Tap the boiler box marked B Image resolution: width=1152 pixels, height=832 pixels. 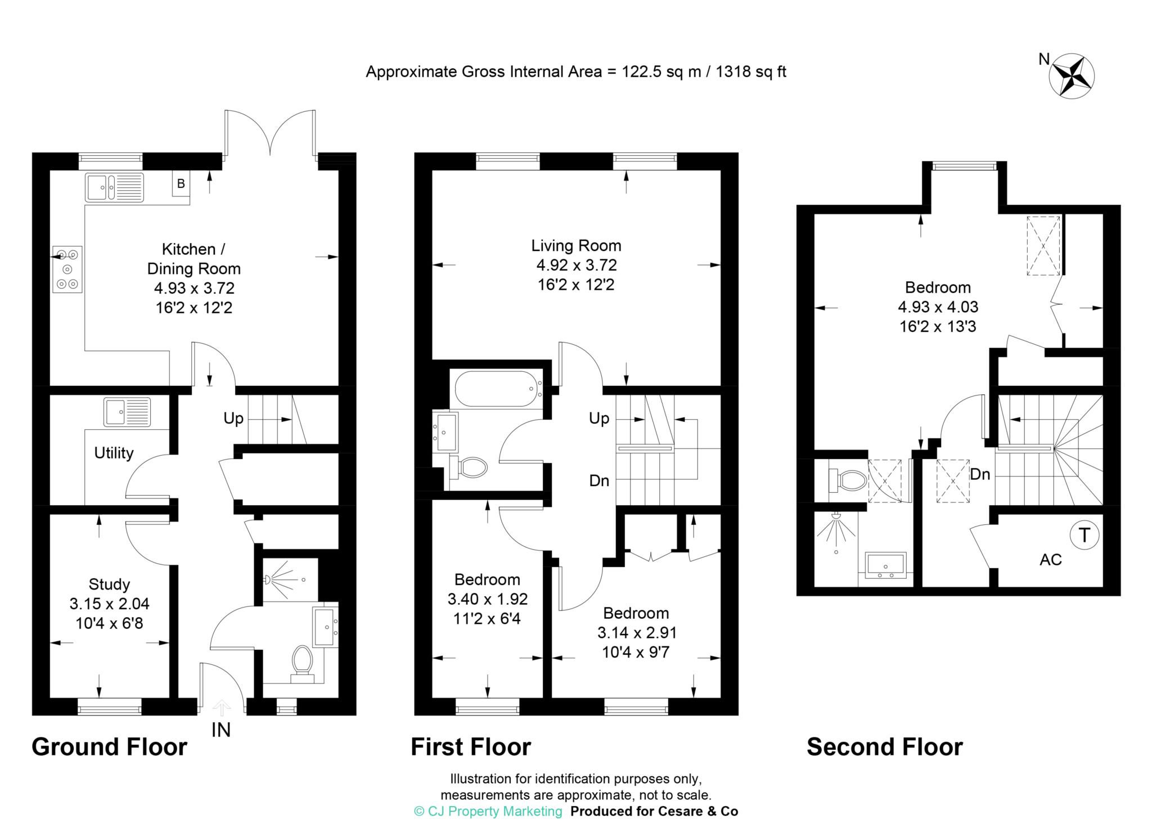(x=181, y=184)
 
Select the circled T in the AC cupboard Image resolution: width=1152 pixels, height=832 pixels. (x=1084, y=535)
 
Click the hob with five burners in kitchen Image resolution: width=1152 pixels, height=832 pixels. (x=67, y=269)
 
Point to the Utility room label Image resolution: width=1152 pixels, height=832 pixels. (x=114, y=453)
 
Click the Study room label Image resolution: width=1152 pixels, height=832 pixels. (x=109, y=584)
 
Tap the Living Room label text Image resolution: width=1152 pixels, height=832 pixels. (x=576, y=246)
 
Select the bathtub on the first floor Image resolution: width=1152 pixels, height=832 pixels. (x=498, y=389)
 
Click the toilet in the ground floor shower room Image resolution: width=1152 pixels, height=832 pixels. (x=303, y=662)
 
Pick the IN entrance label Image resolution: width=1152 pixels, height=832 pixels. (x=221, y=730)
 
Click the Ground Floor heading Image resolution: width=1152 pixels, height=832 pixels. (x=109, y=747)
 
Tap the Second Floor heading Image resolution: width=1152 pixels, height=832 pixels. (x=884, y=747)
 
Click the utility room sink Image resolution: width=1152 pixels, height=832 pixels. (x=127, y=412)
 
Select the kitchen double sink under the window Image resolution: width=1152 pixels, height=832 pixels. (x=115, y=187)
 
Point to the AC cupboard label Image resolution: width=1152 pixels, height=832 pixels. (x=1050, y=560)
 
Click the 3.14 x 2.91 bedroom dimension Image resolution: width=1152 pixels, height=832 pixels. (x=637, y=633)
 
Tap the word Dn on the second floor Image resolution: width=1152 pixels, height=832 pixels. (x=980, y=474)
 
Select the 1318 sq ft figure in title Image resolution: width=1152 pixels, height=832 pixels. (x=750, y=72)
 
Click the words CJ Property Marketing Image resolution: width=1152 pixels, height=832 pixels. (x=494, y=811)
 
